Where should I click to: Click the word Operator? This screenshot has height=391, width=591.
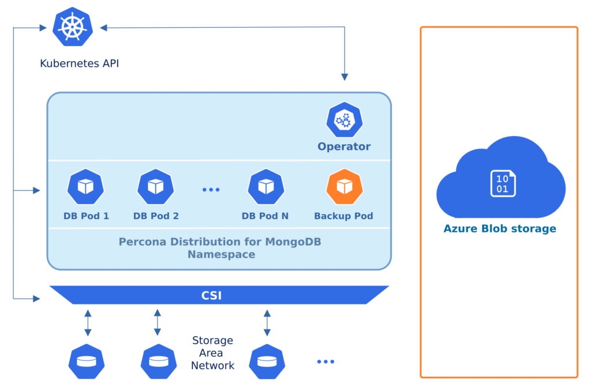click(344, 146)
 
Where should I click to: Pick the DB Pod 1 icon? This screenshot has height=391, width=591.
click(85, 187)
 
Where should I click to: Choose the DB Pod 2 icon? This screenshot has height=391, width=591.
click(155, 187)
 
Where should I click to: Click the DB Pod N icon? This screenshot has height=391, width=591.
click(265, 187)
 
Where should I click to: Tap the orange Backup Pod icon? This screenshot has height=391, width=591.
click(344, 187)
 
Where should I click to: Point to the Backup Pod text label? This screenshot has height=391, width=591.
click(343, 216)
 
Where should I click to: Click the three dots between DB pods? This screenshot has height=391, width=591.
click(211, 189)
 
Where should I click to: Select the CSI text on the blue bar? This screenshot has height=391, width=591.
click(211, 296)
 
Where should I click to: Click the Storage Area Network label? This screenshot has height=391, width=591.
click(212, 353)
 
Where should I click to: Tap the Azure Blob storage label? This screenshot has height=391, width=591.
click(499, 229)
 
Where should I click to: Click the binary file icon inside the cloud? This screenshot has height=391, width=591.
click(503, 183)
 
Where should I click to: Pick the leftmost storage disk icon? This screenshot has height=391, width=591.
click(87, 362)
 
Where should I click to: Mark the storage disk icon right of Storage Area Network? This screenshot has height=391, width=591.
click(267, 362)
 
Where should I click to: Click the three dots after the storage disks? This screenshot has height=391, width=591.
click(326, 362)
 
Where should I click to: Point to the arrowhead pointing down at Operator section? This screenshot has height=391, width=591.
click(345, 77)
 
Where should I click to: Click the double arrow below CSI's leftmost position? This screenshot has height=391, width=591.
click(88, 323)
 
